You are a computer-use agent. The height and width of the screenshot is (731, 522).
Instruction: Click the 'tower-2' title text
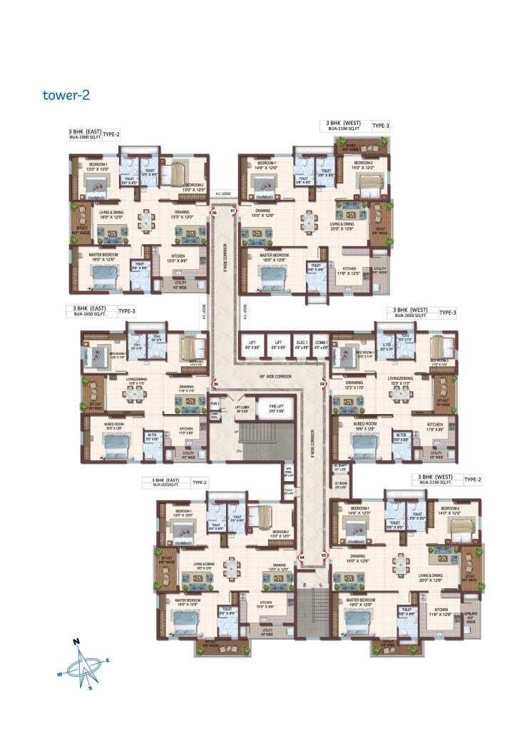[65, 94]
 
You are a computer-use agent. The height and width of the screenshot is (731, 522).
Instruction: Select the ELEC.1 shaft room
[302, 344]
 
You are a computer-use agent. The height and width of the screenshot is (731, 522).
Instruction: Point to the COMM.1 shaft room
[321, 344]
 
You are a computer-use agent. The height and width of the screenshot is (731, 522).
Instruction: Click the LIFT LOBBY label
[242, 408]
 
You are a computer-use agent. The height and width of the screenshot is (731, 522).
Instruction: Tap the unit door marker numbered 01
[232, 212]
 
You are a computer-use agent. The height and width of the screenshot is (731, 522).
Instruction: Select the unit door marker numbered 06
[214, 212]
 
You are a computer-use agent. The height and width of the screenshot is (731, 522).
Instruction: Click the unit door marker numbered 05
[215, 384]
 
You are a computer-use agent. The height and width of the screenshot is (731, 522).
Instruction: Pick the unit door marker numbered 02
[322, 384]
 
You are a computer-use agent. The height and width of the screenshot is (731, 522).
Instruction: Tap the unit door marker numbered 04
[302, 556]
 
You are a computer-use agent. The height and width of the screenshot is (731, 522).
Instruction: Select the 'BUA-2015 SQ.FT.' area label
[165, 485]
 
